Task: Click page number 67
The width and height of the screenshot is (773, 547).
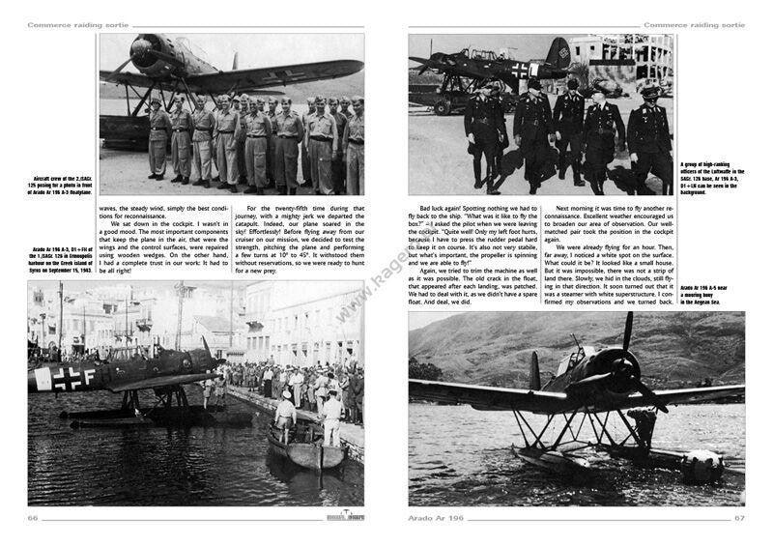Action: pos(739,519)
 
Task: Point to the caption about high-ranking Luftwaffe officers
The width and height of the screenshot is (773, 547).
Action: pos(712,179)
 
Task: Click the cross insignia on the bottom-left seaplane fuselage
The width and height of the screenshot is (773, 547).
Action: pos(67,378)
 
